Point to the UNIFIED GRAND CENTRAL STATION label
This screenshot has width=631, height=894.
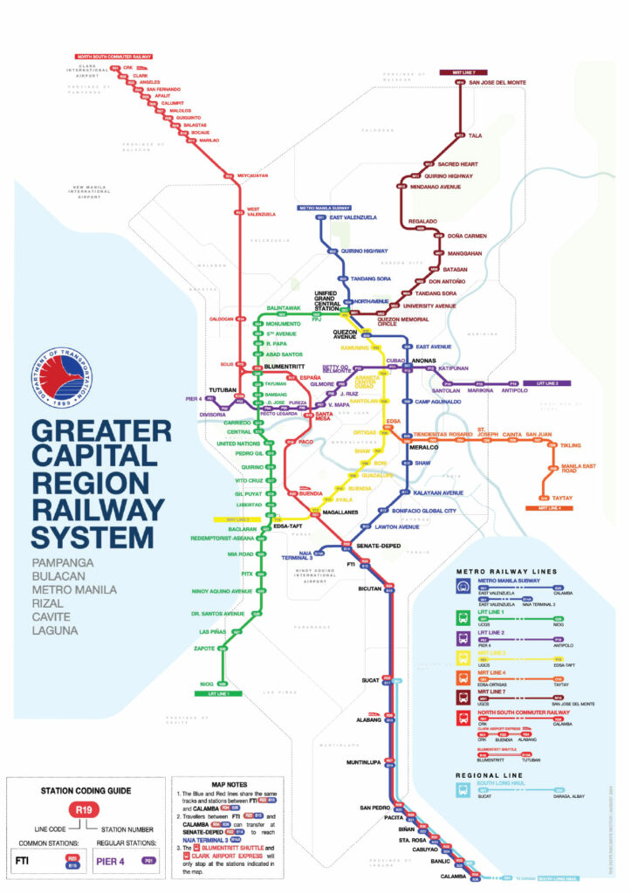(x=326, y=302)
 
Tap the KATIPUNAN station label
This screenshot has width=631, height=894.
(x=449, y=368)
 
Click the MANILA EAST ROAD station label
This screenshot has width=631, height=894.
(x=577, y=469)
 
